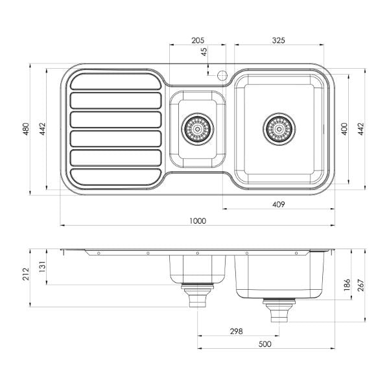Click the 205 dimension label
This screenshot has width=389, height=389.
click(x=198, y=40)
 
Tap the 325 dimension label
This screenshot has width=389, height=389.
click(x=278, y=40)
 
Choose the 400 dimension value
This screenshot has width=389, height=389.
click(x=345, y=128)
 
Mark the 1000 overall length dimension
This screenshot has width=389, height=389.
click(x=198, y=220)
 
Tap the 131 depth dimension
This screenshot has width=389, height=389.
click(x=43, y=267)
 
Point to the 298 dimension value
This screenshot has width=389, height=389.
click(x=236, y=331)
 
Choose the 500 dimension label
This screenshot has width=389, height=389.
click(x=264, y=344)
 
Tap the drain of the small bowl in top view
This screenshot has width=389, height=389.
click(x=196, y=128)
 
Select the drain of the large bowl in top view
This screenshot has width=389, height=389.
click(x=279, y=128)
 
